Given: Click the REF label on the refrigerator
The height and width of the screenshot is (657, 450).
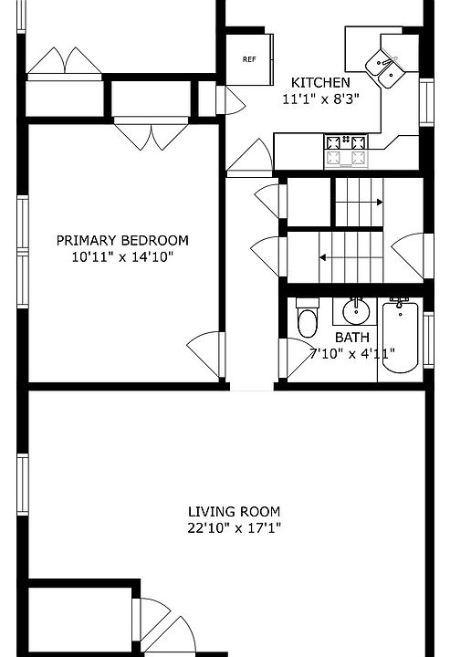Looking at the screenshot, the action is pos(249,59).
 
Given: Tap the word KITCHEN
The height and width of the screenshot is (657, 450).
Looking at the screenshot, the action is pos(320,82).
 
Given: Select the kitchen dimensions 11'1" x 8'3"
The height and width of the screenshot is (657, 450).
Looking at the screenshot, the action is pos(320,99).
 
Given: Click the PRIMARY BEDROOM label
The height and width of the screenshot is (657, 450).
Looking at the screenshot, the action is pos(122,241).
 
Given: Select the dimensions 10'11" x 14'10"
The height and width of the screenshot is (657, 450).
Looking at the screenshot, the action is pos(122,256).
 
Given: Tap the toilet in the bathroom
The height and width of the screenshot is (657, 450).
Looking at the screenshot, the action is pos(308,318).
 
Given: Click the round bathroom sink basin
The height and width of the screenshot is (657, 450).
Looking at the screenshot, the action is pos(356,311).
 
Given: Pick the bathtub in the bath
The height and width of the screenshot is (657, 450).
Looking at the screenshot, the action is pos(400,335).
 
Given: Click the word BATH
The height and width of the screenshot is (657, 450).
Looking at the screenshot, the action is pos(352,338).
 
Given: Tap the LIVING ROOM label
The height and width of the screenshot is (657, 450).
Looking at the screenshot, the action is pos(234,512).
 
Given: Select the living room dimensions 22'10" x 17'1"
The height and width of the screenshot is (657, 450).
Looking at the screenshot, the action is pos(234,528).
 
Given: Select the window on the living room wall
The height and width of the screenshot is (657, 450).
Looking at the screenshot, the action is pos(23,485).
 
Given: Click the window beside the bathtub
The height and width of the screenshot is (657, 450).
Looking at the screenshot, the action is pos(428,339).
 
